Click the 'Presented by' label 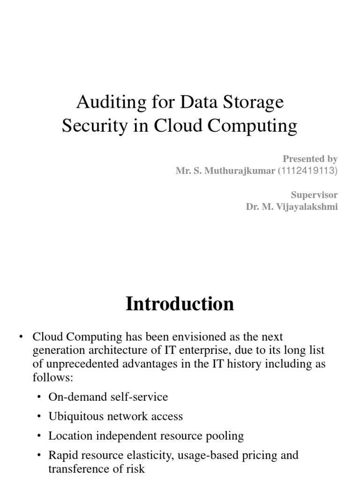click(x=310, y=159)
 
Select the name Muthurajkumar click(x=245, y=171)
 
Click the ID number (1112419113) click(x=307, y=171)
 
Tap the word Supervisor click(x=314, y=195)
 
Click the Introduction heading click(x=180, y=304)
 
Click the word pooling click(x=227, y=436)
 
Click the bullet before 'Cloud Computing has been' click(x=21, y=337)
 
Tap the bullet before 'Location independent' click(x=39, y=436)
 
